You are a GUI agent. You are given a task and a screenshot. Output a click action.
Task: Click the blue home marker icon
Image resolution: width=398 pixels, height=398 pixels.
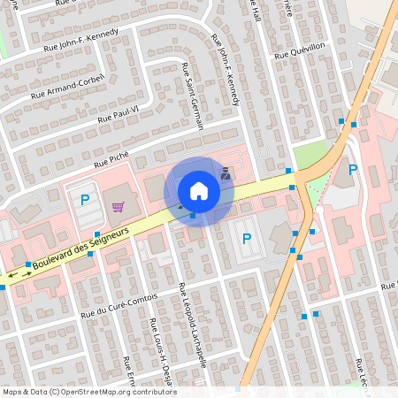click(x=199, y=191)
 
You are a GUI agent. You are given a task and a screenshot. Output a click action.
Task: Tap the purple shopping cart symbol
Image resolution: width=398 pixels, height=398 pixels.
click(x=118, y=207)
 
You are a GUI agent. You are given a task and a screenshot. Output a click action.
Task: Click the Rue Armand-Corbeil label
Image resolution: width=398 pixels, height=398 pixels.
click(x=67, y=86)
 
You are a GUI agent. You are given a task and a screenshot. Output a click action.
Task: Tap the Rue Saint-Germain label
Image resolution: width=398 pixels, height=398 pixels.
click(x=193, y=96)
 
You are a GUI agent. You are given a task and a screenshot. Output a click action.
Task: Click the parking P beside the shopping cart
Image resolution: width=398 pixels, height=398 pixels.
click(x=85, y=200)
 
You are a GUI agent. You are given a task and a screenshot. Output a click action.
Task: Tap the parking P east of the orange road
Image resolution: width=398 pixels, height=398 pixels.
click(x=353, y=170)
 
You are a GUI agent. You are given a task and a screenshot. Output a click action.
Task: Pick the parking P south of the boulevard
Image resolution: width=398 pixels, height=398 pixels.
click(x=246, y=238)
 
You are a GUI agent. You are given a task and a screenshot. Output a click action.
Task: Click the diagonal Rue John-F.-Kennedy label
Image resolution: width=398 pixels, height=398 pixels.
click(x=226, y=71)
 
